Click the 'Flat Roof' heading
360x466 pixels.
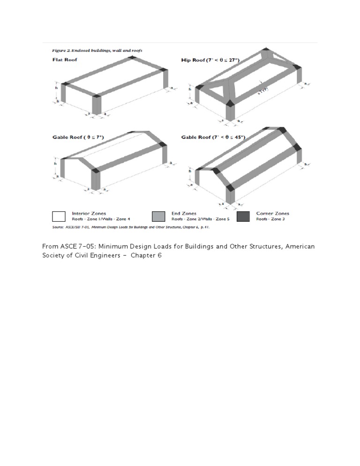coord(64,60)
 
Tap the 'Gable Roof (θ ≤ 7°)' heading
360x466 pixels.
coord(78,137)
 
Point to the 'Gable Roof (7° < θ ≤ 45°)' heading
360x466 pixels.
coord(213,137)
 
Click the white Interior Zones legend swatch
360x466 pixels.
coord(59,216)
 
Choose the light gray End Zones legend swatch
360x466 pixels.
coord(159,216)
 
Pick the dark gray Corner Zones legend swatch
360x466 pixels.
coord(243,216)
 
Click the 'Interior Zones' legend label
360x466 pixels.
coord(89,213)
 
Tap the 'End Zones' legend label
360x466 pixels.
coord(183,213)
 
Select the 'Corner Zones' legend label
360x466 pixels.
coord(272,213)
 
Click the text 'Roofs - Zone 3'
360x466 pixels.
coord(270,219)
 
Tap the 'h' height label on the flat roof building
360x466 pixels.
coord(56,87)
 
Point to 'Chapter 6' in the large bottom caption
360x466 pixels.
coord(146,256)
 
